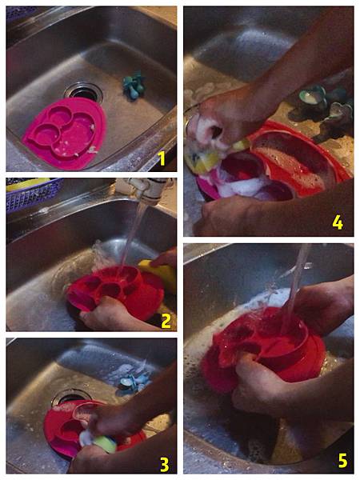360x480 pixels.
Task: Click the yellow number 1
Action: click(162, 158)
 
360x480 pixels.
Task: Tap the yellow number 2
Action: click(166, 321)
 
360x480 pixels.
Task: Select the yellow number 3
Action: click(164, 465)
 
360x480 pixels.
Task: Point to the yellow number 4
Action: click(338, 222)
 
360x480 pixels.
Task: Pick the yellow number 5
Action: click(342, 461)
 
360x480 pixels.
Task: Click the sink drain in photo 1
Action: click(83, 91)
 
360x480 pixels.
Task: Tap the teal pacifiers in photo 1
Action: click(134, 86)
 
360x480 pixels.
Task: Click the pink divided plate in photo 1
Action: click(64, 133)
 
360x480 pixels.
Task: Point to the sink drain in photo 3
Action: click(71, 398)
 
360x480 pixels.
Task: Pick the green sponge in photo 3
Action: click(105, 445)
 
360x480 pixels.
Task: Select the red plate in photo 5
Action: click(262, 349)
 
